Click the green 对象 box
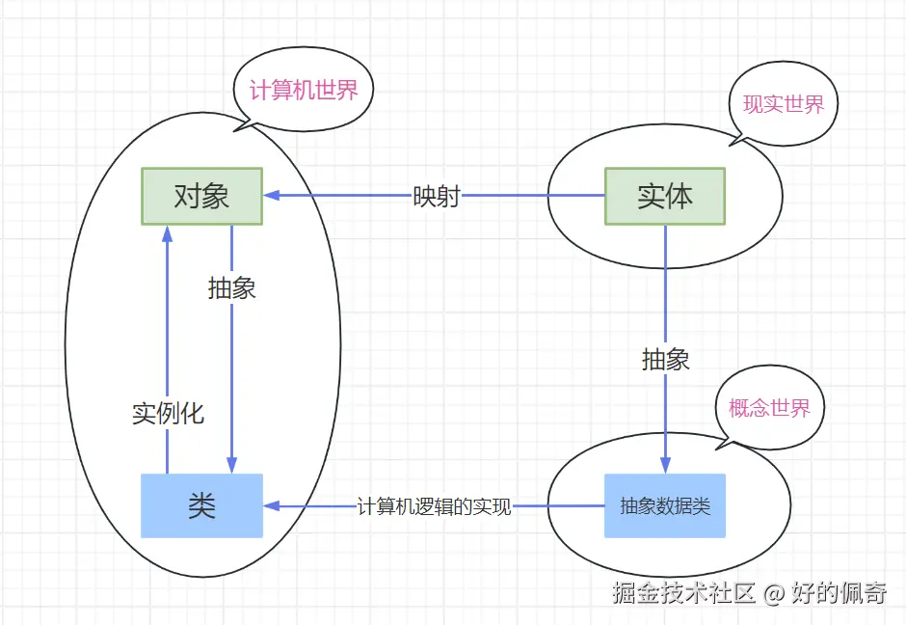[201, 197]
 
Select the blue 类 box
[201, 505]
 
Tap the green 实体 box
[664, 197]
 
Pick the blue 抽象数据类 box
[664, 505]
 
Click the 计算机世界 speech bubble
[304, 91]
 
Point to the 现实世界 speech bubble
[784, 104]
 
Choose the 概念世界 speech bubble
[769, 407]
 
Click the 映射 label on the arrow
[436, 196]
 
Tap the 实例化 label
[168, 414]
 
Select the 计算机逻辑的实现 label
[434, 506]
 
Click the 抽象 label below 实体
[666, 360]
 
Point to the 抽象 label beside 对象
[231, 287]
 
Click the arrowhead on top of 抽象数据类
[666, 465]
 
